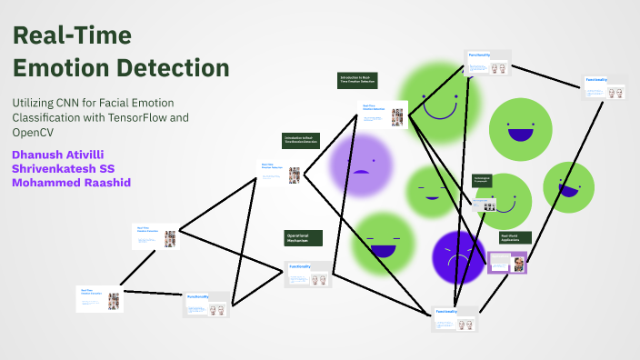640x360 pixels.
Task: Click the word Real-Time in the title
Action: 72,36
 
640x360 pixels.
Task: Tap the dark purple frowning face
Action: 459,256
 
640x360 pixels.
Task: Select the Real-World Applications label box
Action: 515,238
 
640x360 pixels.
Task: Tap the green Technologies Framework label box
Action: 482,180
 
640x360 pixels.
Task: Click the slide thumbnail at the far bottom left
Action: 100,298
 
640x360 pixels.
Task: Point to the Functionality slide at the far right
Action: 605,87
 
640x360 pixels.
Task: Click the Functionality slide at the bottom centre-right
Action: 455,318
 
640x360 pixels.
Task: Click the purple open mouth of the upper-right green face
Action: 520,135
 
